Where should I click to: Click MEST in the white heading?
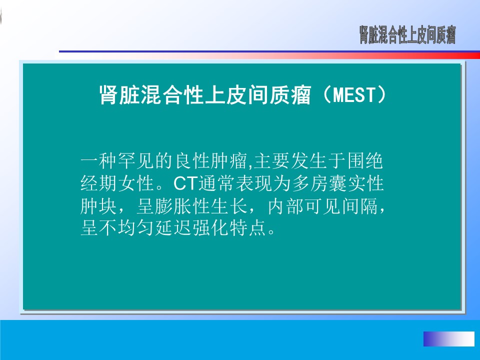353,94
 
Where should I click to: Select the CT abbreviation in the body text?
186,183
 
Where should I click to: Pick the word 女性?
136,183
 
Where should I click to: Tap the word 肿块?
98,206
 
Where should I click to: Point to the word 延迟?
173,228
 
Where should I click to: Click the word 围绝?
365,161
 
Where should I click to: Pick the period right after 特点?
271,232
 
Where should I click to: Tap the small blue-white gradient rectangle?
449,338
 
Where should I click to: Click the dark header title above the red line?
407,35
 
